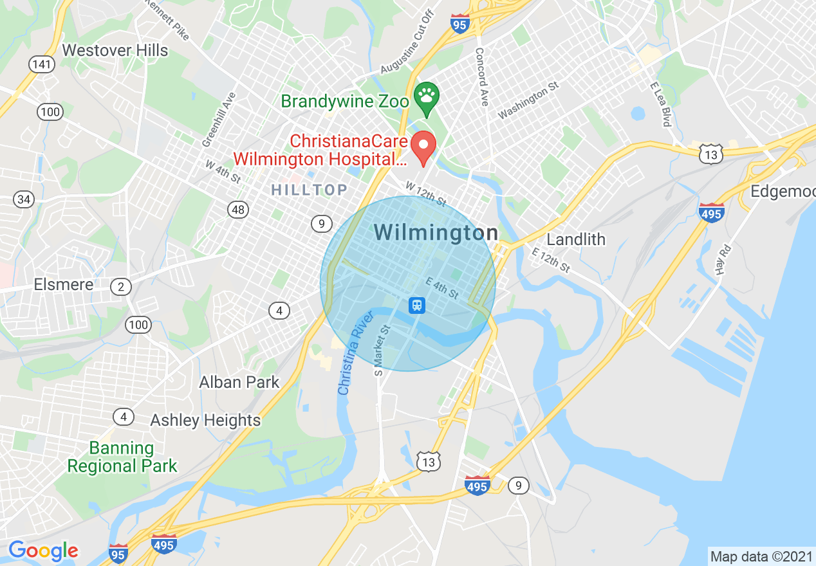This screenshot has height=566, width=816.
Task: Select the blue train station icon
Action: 417,305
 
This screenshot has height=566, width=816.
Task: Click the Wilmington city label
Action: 436,233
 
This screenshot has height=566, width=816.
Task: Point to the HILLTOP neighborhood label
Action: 309,190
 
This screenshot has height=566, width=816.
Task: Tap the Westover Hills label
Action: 115,50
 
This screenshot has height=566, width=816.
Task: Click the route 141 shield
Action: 42,64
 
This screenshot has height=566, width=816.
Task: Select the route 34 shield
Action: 24,199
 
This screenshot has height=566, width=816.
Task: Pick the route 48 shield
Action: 237,209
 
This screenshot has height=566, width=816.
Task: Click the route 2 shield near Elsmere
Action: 121,287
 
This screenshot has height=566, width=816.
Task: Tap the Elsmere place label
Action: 64,284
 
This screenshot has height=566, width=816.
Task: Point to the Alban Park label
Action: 239,382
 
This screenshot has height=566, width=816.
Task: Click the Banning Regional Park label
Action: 122,457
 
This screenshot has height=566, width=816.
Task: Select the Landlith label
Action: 576,239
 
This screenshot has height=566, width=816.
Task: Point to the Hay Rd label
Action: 725,259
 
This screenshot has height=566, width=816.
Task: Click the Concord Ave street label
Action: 481,76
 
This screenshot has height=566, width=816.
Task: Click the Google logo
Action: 43,551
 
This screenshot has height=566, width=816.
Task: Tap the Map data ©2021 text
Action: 761,556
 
